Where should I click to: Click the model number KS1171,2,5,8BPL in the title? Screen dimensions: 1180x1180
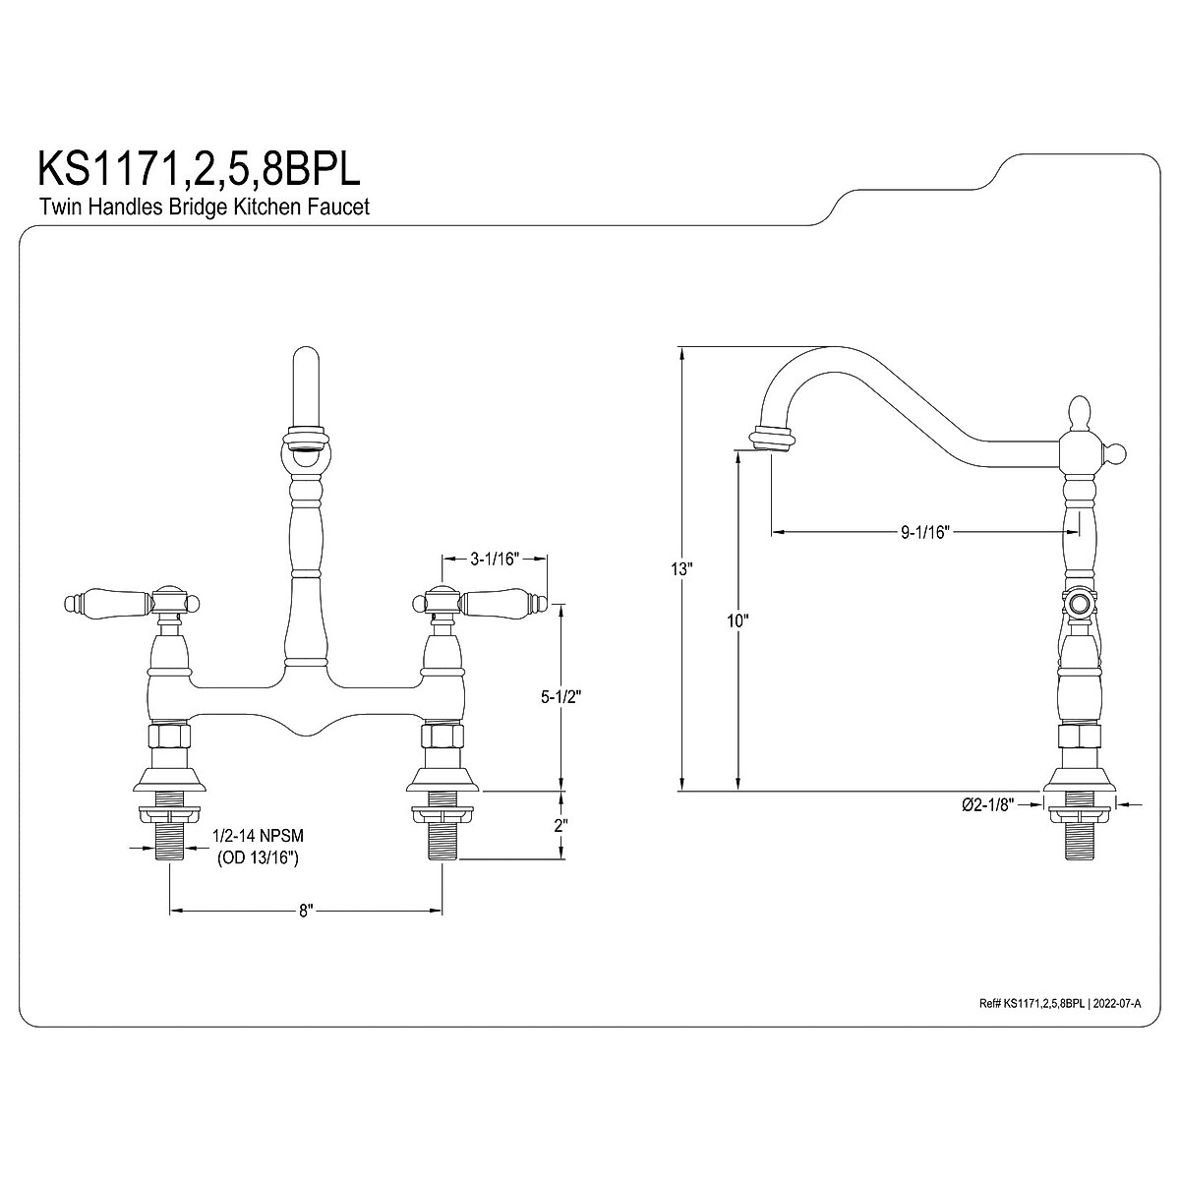pos(200,169)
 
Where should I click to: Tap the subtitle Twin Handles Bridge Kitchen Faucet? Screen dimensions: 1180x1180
pos(205,206)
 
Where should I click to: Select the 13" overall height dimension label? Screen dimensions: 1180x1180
pos(680,569)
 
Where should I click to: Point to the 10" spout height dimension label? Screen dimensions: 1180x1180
pos(737,620)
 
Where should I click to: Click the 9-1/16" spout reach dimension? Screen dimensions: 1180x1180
pos(924,532)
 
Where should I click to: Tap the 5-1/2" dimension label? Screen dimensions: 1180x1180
pos(560,697)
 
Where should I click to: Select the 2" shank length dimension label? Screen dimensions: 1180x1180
pos(560,826)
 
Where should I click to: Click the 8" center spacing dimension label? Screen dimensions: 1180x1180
pos(306,928)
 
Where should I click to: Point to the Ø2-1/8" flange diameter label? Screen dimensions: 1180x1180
pos(987,804)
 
